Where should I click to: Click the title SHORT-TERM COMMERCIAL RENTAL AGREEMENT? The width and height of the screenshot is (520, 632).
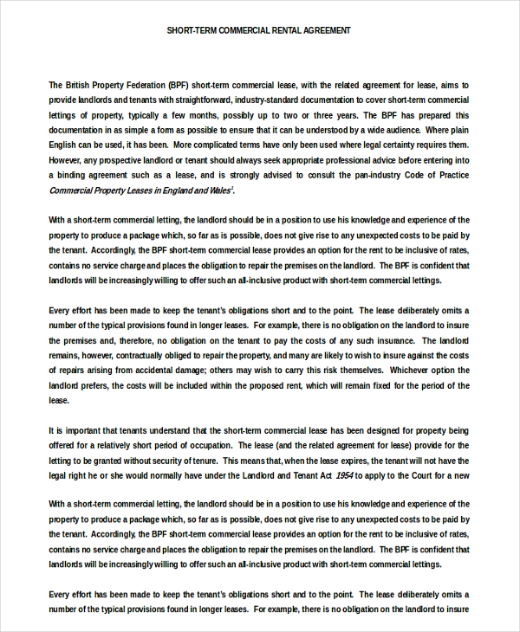pyautogui.click(x=259, y=30)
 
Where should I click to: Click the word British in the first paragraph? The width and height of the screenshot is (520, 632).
pyautogui.click(x=81, y=85)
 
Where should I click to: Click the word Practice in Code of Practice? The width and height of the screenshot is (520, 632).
pyautogui.click(x=452, y=175)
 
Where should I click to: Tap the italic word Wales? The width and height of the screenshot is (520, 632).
pyautogui.click(x=218, y=190)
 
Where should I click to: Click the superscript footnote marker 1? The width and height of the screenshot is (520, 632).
pyautogui.click(x=232, y=188)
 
